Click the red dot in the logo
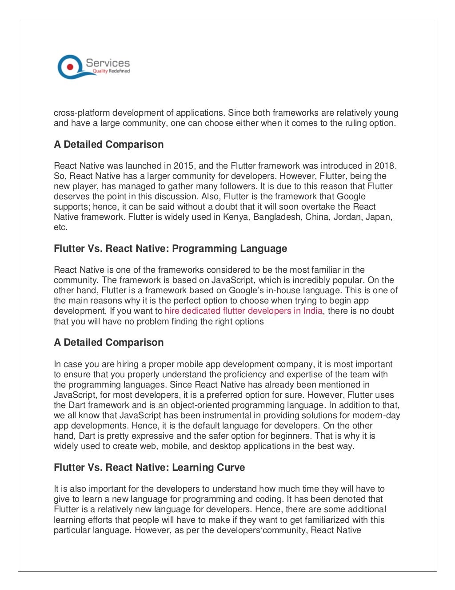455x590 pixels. (69, 67)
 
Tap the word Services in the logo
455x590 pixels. (108, 63)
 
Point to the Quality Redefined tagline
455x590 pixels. (111, 71)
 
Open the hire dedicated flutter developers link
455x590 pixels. (243, 311)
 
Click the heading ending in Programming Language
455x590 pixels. (170, 249)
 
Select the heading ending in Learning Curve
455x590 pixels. (149, 468)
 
